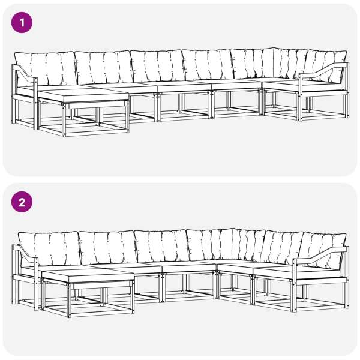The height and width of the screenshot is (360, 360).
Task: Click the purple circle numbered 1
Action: [x=22, y=23]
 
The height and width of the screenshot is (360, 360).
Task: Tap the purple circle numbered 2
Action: [x=22, y=202]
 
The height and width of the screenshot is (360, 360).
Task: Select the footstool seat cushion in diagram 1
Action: [x=83, y=97]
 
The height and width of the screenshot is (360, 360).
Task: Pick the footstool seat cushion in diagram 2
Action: [x=88, y=277]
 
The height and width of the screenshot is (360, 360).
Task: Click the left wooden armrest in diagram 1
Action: [x=25, y=73]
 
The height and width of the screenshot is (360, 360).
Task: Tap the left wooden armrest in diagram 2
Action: [x=25, y=254]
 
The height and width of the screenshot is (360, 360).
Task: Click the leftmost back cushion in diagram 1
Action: [x=46, y=68]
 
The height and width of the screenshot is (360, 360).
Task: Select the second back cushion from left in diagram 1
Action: [x=104, y=67]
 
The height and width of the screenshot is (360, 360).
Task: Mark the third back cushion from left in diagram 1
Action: [x=158, y=66]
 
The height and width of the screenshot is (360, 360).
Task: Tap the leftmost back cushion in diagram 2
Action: [x=50, y=248]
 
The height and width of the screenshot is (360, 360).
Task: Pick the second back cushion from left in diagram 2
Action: [x=108, y=247]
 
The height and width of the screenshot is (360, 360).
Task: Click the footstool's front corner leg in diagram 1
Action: [x=64, y=120]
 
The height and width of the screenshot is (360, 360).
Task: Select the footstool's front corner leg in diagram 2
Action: [x=69, y=301]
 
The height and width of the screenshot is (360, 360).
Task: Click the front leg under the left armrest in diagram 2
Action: [x=36, y=284]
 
